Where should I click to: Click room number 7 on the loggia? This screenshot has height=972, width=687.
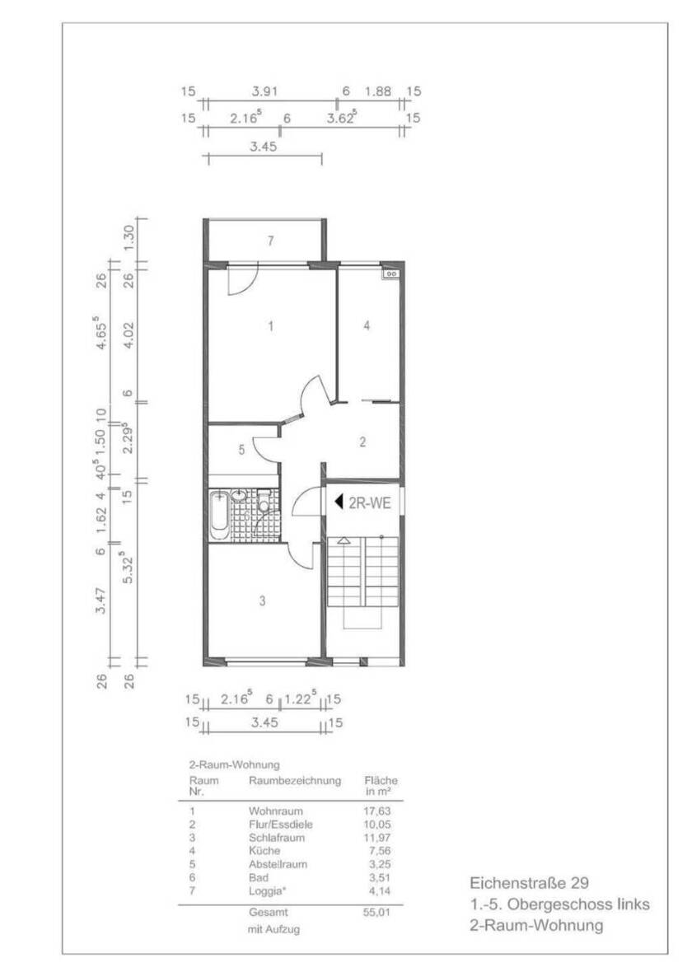point(269,241)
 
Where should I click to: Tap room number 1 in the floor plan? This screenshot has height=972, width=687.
point(270,327)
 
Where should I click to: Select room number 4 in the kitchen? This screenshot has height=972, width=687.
point(367,325)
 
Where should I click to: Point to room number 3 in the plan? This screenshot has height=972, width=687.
point(262,601)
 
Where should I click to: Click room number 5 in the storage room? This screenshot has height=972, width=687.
point(241,450)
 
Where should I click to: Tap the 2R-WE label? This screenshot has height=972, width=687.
point(370,500)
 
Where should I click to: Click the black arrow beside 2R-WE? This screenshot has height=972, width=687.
point(338,500)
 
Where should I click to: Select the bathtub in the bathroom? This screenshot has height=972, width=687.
point(219,516)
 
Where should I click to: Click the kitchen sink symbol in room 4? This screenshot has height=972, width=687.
point(391,273)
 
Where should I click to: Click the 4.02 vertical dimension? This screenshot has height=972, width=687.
point(128,334)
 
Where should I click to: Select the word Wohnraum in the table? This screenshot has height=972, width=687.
point(270,811)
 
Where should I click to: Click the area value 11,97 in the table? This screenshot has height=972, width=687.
point(381,837)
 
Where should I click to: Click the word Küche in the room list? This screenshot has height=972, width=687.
point(264,850)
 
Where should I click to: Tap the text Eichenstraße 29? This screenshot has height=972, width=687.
point(529,883)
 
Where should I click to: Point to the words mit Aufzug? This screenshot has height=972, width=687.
point(273,929)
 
